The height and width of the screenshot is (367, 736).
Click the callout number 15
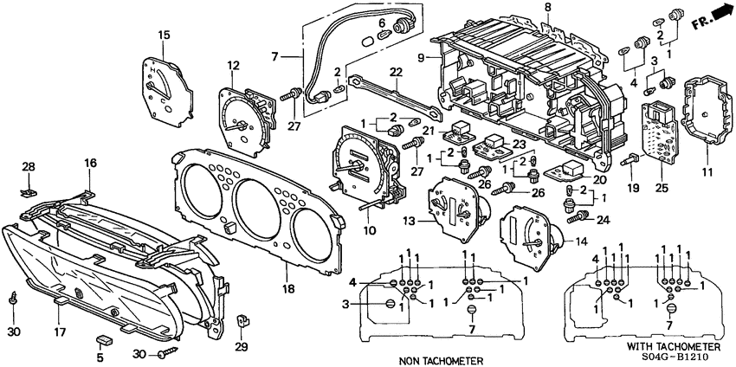(x=163, y=34)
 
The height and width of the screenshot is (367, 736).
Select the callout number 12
(x=233, y=66)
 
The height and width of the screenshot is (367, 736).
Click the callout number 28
(x=29, y=165)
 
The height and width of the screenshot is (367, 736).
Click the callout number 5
(x=100, y=356)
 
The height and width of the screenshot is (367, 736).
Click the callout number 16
(x=91, y=163)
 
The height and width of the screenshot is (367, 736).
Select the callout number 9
(x=422, y=58)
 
